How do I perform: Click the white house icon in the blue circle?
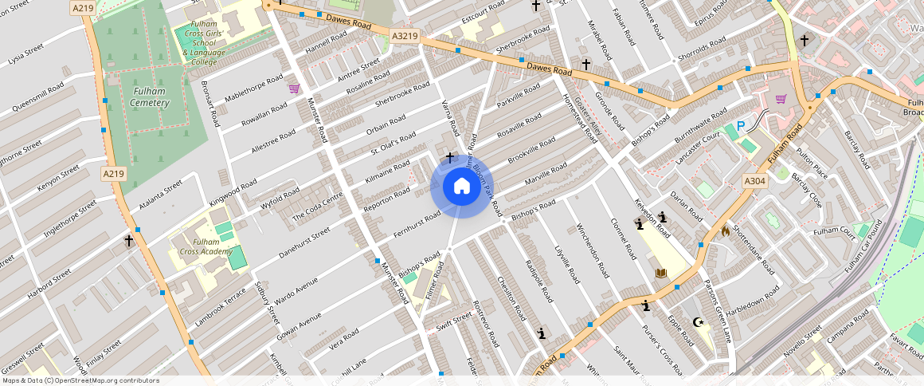(461, 187)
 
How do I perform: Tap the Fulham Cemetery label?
(150, 96)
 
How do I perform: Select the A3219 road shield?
(405, 36)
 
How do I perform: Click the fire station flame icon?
(724, 230)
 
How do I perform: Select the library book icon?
(660, 274)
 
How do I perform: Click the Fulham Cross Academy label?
(206, 246)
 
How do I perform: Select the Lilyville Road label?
(566, 264)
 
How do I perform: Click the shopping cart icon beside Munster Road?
(294, 88)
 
